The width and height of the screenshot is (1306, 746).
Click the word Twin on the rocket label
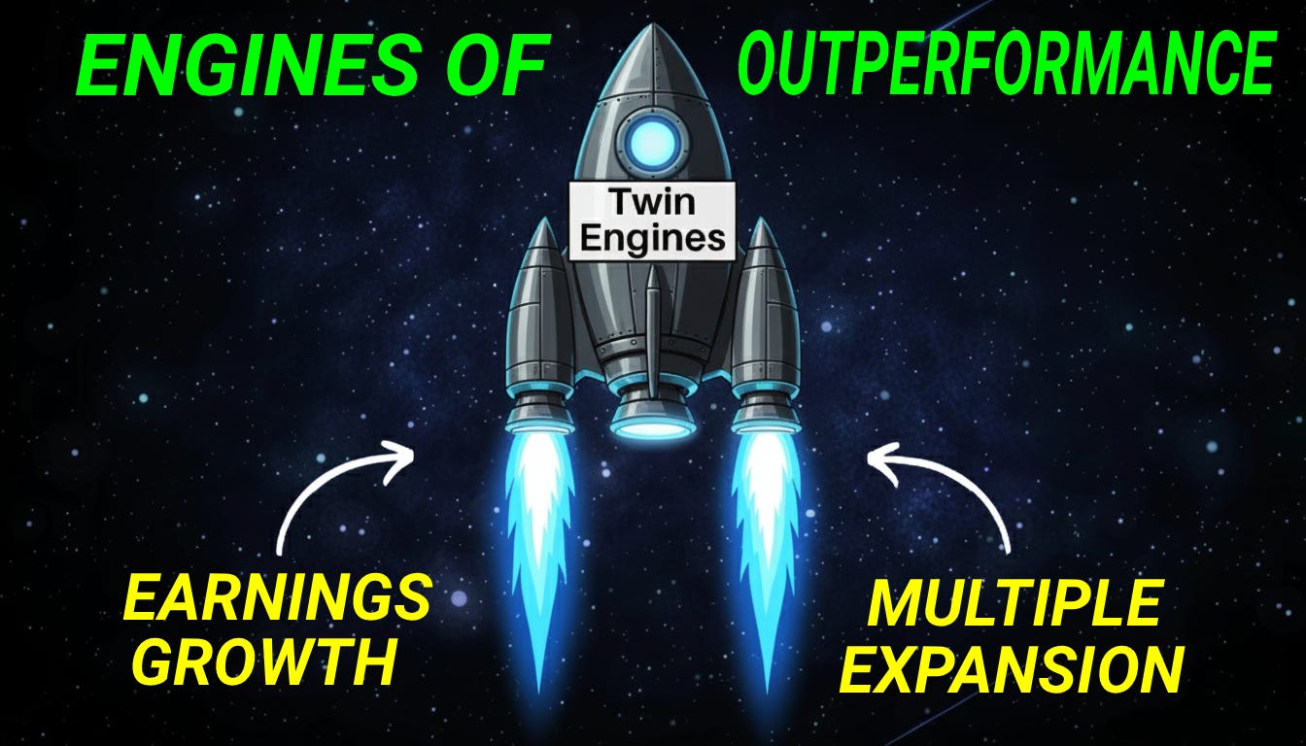click(652, 203)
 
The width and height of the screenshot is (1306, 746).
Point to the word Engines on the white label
click(652, 237)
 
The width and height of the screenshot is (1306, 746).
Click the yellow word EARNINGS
click(277, 598)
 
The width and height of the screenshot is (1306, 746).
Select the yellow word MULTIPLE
click(1013, 605)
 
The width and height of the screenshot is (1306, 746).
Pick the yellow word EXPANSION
click(1011, 668)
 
